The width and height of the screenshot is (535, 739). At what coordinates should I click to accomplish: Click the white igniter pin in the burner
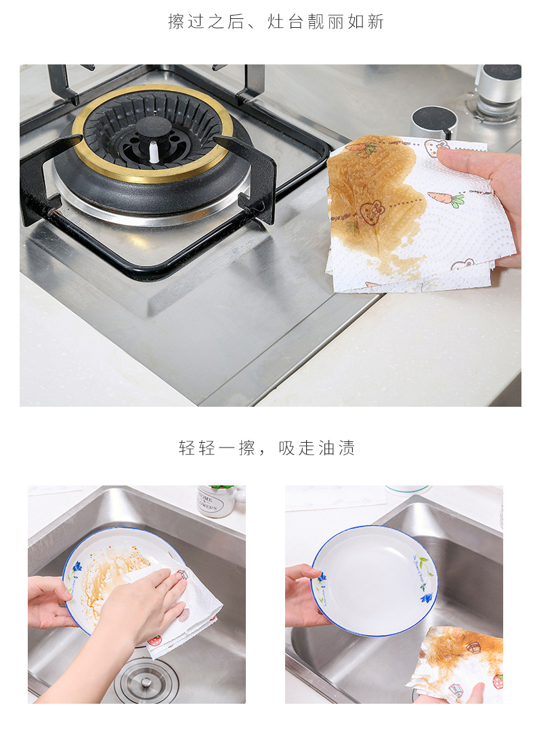point(154,153)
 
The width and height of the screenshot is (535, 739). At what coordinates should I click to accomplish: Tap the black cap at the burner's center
point(153,129)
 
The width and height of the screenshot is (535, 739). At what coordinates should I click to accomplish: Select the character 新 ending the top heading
point(375,22)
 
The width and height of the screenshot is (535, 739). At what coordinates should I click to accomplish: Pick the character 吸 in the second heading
point(286,447)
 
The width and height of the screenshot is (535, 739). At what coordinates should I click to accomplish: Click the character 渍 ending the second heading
point(346,447)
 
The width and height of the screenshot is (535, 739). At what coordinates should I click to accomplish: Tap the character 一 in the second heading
point(226,447)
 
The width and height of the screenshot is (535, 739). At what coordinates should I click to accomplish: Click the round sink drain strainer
point(146,681)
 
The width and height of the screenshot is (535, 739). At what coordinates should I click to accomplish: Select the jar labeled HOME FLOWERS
point(217,500)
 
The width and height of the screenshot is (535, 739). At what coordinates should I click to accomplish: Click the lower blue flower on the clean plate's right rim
point(427,597)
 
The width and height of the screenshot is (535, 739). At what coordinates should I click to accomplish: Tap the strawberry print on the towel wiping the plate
point(154,641)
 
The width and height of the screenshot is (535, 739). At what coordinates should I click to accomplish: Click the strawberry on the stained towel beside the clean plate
point(498,681)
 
